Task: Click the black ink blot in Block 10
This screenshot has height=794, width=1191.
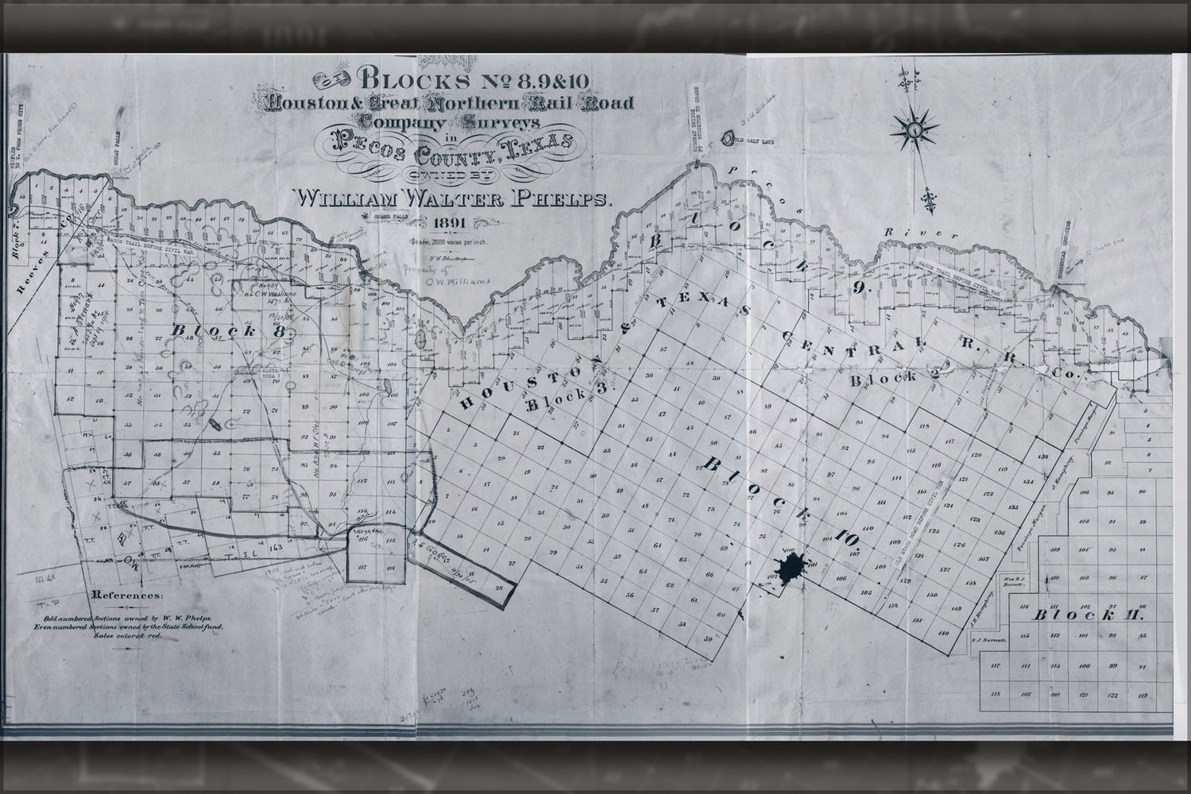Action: [x=790, y=569]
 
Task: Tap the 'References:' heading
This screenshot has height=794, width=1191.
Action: [x=128, y=594]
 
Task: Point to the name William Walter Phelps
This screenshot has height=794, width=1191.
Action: [x=453, y=197]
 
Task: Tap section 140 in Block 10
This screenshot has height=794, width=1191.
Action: [x=944, y=633]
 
